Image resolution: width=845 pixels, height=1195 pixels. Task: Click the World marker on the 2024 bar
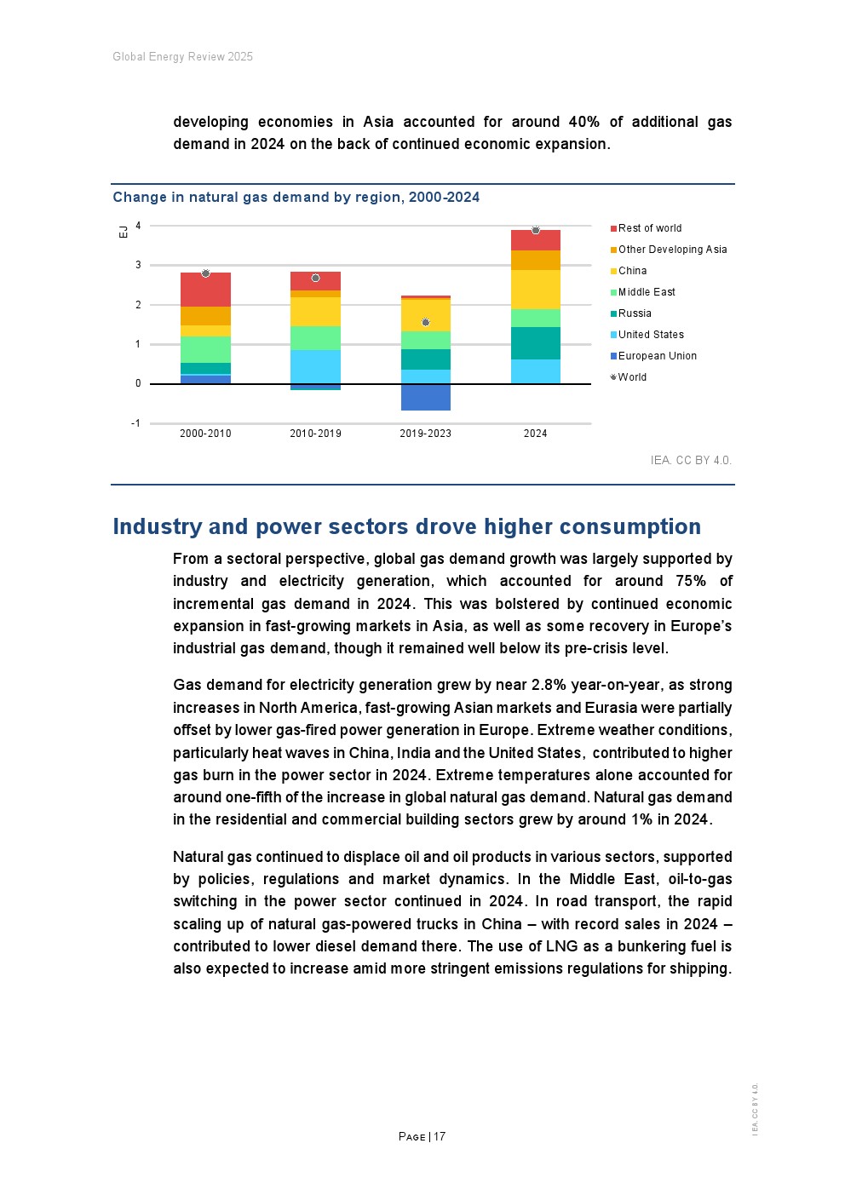(536, 231)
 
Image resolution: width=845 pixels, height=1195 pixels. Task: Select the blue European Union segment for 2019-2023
(426, 397)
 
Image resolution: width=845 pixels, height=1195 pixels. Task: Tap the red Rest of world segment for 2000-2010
(205, 290)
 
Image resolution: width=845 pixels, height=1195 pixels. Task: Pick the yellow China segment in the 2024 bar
(536, 290)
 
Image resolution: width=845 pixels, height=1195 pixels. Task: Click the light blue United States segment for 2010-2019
(315, 366)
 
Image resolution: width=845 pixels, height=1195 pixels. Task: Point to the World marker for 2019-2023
(426, 322)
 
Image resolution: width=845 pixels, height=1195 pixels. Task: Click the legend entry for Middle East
(646, 292)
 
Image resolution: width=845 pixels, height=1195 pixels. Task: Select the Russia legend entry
(634, 313)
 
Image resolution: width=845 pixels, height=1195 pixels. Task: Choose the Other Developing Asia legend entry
(671, 250)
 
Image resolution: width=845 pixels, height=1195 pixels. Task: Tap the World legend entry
(631, 377)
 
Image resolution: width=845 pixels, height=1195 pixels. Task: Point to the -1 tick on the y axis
(135, 423)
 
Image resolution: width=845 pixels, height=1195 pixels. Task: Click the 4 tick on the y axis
(138, 226)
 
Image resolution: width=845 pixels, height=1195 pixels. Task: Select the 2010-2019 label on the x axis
(315, 434)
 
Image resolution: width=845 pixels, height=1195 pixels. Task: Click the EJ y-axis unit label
(124, 232)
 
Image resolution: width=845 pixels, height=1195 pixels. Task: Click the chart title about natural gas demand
(296, 197)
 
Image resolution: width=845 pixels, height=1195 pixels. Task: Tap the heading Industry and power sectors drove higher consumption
(406, 526)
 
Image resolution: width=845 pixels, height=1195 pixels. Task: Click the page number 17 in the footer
(440, 1136)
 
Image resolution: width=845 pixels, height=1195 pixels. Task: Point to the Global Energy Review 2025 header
(182, 57)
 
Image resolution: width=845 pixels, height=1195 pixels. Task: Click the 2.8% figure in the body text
(549, 685)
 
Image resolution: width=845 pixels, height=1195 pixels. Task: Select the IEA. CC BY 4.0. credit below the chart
(690, 460)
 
